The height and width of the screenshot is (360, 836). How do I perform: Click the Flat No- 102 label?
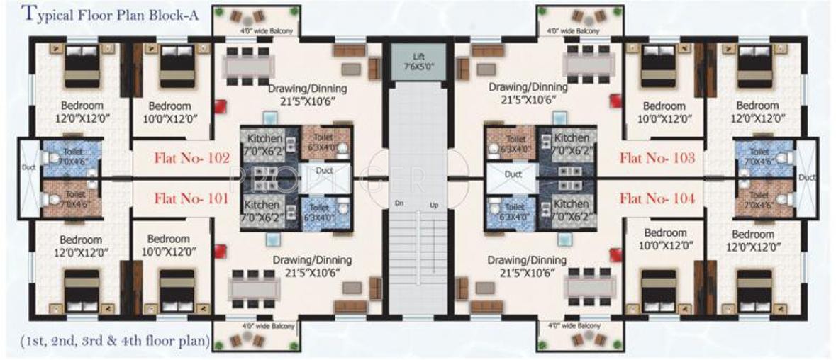tap(191, 158)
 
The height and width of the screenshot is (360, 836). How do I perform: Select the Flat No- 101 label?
tap(191, 199)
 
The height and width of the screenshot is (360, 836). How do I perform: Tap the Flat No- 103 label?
tap(657, 158)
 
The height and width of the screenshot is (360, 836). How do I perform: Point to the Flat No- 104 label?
tap(657, 199)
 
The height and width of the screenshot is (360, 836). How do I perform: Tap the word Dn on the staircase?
tap(400, 204)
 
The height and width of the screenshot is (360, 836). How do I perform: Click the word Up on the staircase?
tap(433, 205)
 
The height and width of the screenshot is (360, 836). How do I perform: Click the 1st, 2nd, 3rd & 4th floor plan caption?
tap(110, 342)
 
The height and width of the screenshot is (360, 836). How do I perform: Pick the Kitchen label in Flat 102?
tap(264, 138)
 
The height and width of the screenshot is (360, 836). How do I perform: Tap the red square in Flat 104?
tap(615, 254)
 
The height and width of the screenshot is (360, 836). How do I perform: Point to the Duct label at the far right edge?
tap(806, 179)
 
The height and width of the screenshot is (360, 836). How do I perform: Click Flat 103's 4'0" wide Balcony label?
tap(574, 30)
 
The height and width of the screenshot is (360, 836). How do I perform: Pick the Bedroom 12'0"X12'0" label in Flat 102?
tap(80, 112)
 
